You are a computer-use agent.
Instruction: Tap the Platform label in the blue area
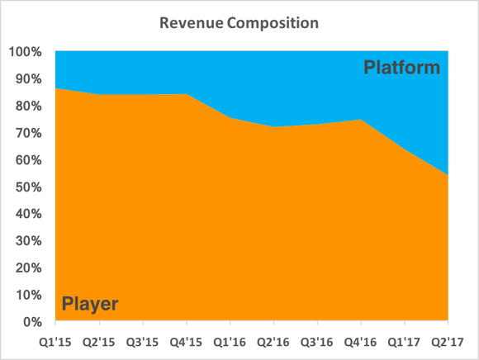pyautogui.click(x=402, y=68)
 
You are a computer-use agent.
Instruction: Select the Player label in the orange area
pyautogui.click(x=90, y=304)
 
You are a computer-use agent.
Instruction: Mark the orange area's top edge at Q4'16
pyautogui.click(x=360, y=120)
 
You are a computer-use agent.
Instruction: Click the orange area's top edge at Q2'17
pyautogui.click(x=447, y=176)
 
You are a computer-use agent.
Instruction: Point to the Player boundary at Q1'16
pyautogui.click(x=230, y=118)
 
